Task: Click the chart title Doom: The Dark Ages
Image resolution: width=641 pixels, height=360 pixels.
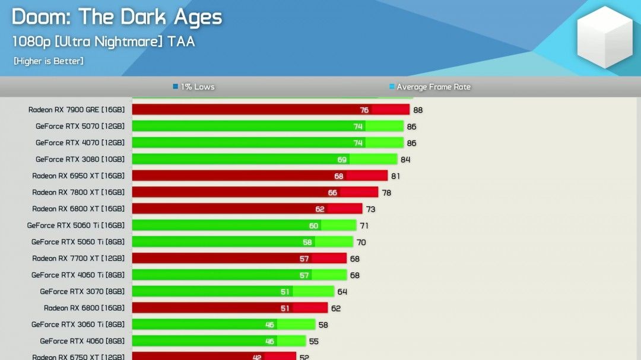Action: pos(117,17)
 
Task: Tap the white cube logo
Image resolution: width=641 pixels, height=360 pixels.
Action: pos(605,37)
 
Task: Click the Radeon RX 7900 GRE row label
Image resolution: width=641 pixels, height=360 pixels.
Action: pos(77,110)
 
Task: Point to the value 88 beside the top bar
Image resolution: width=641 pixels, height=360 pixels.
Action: pos(418,110)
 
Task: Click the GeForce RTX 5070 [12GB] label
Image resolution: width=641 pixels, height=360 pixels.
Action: pos(80,126)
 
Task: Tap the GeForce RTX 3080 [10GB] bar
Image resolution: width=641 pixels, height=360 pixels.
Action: pos(264,160)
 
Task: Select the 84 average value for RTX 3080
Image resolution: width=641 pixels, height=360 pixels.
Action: pos(405,160)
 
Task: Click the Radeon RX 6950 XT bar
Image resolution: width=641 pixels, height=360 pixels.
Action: pos(259,176)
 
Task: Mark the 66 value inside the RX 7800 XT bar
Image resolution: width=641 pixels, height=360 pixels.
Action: pos(332,193)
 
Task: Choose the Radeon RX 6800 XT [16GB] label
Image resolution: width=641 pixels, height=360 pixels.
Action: pos(78,209)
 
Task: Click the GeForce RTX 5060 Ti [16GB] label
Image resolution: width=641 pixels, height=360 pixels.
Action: pos(76,226)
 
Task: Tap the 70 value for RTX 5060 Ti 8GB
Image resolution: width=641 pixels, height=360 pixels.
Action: pos(361,243)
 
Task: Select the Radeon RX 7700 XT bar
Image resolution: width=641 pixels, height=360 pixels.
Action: pos(239,259)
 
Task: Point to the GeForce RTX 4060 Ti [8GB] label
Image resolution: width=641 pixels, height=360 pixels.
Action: pos(78,275)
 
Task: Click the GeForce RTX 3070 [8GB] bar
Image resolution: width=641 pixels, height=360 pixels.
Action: pos(233,292)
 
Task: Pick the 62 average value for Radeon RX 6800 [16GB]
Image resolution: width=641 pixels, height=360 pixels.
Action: pos(336,308)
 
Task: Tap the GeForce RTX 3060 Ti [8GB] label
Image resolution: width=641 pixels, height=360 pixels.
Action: pos(78,325)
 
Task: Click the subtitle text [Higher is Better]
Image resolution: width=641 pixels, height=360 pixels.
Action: pos(49,61)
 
